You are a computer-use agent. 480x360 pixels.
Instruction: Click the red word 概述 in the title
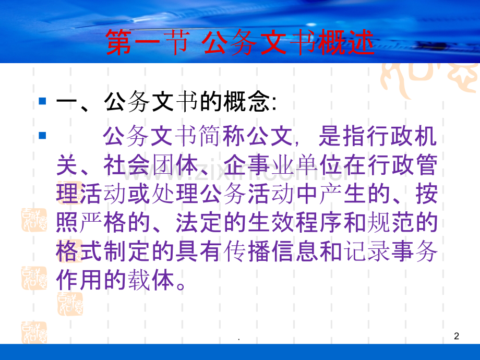pos(346,42)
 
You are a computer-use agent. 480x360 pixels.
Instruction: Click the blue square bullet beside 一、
pos(43,101)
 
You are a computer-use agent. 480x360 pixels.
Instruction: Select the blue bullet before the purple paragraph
pos(43,135)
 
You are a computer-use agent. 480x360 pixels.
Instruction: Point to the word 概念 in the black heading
pos(247,101)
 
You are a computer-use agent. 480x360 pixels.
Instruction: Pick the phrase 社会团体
pos(151,165)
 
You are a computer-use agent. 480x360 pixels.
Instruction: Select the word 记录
pos(367,251)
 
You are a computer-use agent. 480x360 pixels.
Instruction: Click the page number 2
pos(457,336)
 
